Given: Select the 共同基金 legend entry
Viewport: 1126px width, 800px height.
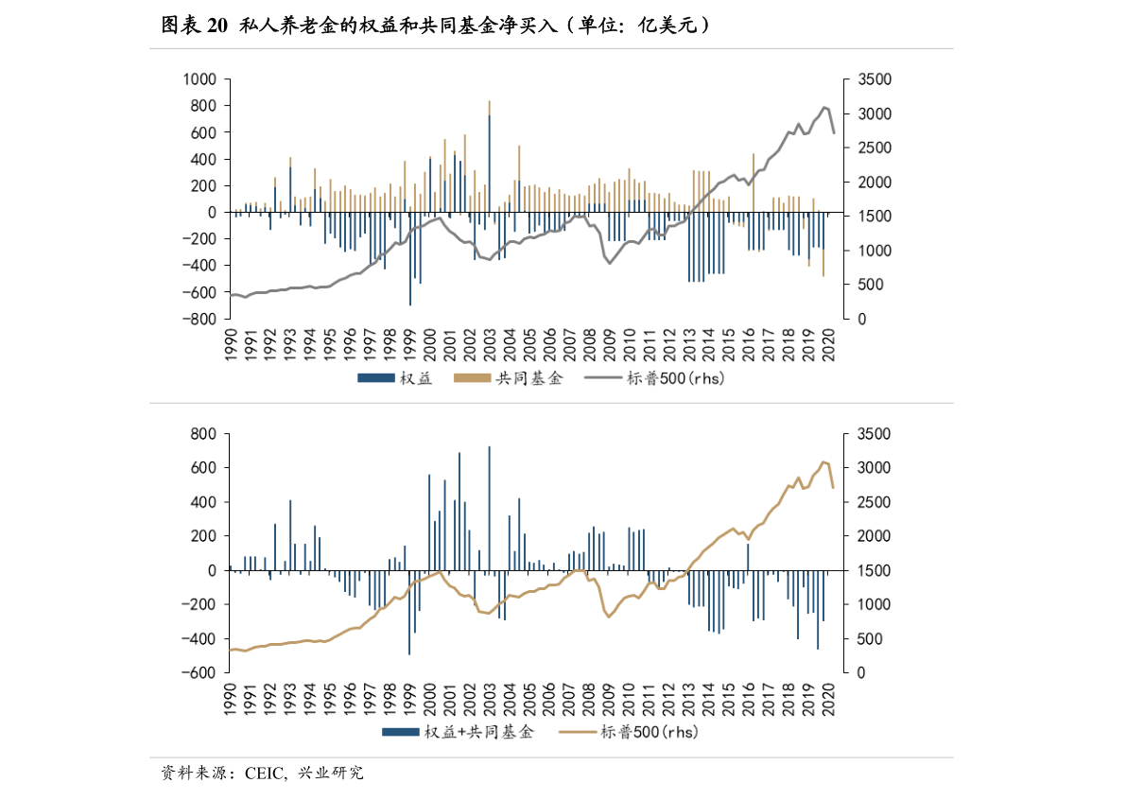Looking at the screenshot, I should (509, 379).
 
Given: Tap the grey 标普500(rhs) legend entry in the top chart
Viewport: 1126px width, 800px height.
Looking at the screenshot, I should (654, 379).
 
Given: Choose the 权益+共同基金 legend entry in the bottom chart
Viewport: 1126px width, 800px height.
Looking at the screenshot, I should (459, 732).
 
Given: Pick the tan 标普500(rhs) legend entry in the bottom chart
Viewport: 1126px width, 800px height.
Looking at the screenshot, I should (628, 732).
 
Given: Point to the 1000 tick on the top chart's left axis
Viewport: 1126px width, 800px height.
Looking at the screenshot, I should (201, 79).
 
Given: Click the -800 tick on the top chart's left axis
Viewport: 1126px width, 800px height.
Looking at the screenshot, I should (201, 320).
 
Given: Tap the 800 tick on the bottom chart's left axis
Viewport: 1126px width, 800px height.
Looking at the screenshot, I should (205, 434).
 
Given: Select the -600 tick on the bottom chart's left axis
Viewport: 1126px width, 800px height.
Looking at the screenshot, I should (201, 673).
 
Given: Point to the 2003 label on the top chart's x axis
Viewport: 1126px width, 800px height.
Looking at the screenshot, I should (490, 342).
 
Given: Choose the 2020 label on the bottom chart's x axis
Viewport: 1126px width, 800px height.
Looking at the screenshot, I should (829, 696).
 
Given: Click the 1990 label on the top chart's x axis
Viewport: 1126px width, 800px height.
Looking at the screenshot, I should (230, 342).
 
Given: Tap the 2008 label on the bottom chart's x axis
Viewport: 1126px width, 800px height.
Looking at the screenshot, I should (589, 696).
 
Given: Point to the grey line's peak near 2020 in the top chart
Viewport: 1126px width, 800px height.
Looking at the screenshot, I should (824, 108).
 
